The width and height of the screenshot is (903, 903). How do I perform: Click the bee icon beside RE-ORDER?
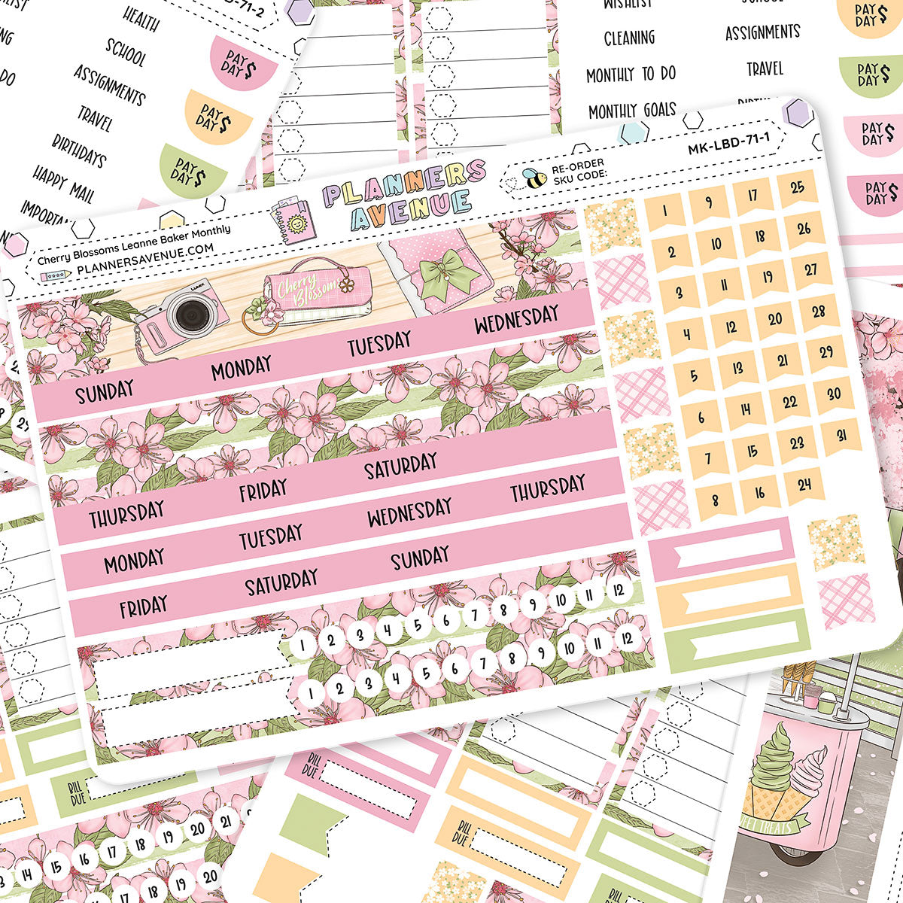(536, 178)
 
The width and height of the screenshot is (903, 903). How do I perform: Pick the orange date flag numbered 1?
(665, 211)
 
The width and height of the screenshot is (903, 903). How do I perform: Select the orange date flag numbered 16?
(759, 493)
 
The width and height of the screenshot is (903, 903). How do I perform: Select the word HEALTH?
(141, 19)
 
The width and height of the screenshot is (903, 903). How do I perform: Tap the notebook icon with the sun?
(291, 219)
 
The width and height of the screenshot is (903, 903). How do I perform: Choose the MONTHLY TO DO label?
(631, 74)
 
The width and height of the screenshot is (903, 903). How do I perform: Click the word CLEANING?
(630, 37)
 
